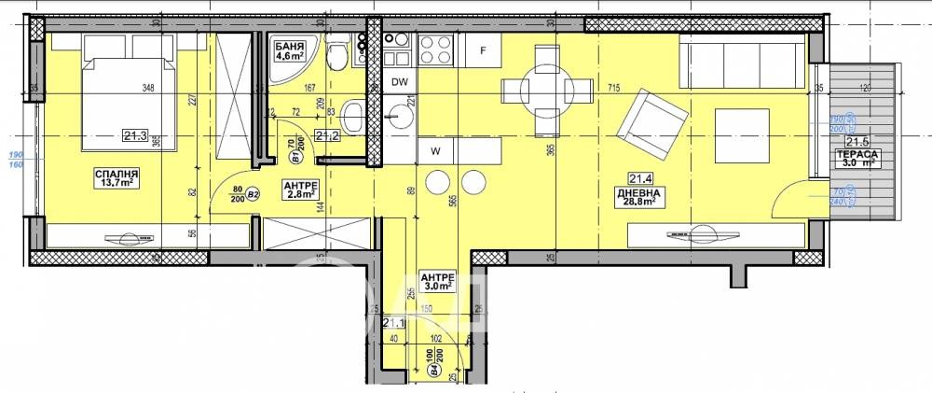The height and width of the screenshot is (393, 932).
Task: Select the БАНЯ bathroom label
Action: pyautogui.click(x=289, y=45)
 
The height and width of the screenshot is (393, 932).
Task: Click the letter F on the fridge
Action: pyautogui.click(x=483, y=50)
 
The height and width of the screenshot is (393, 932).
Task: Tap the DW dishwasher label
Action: pyautogui.click(x=400, y=83)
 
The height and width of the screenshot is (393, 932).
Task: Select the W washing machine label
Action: pyautogui.click(x=433, y=148)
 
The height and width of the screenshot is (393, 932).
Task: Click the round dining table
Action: pyautogui.click(x=547, y=90)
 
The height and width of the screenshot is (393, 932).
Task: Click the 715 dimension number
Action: pyautogui.click(x=613, y=88)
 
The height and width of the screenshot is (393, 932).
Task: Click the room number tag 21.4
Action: pyautogui.click(x=638, y=178)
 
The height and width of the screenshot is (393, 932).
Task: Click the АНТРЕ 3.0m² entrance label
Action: pyautogui.click(x=436, y=282)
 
